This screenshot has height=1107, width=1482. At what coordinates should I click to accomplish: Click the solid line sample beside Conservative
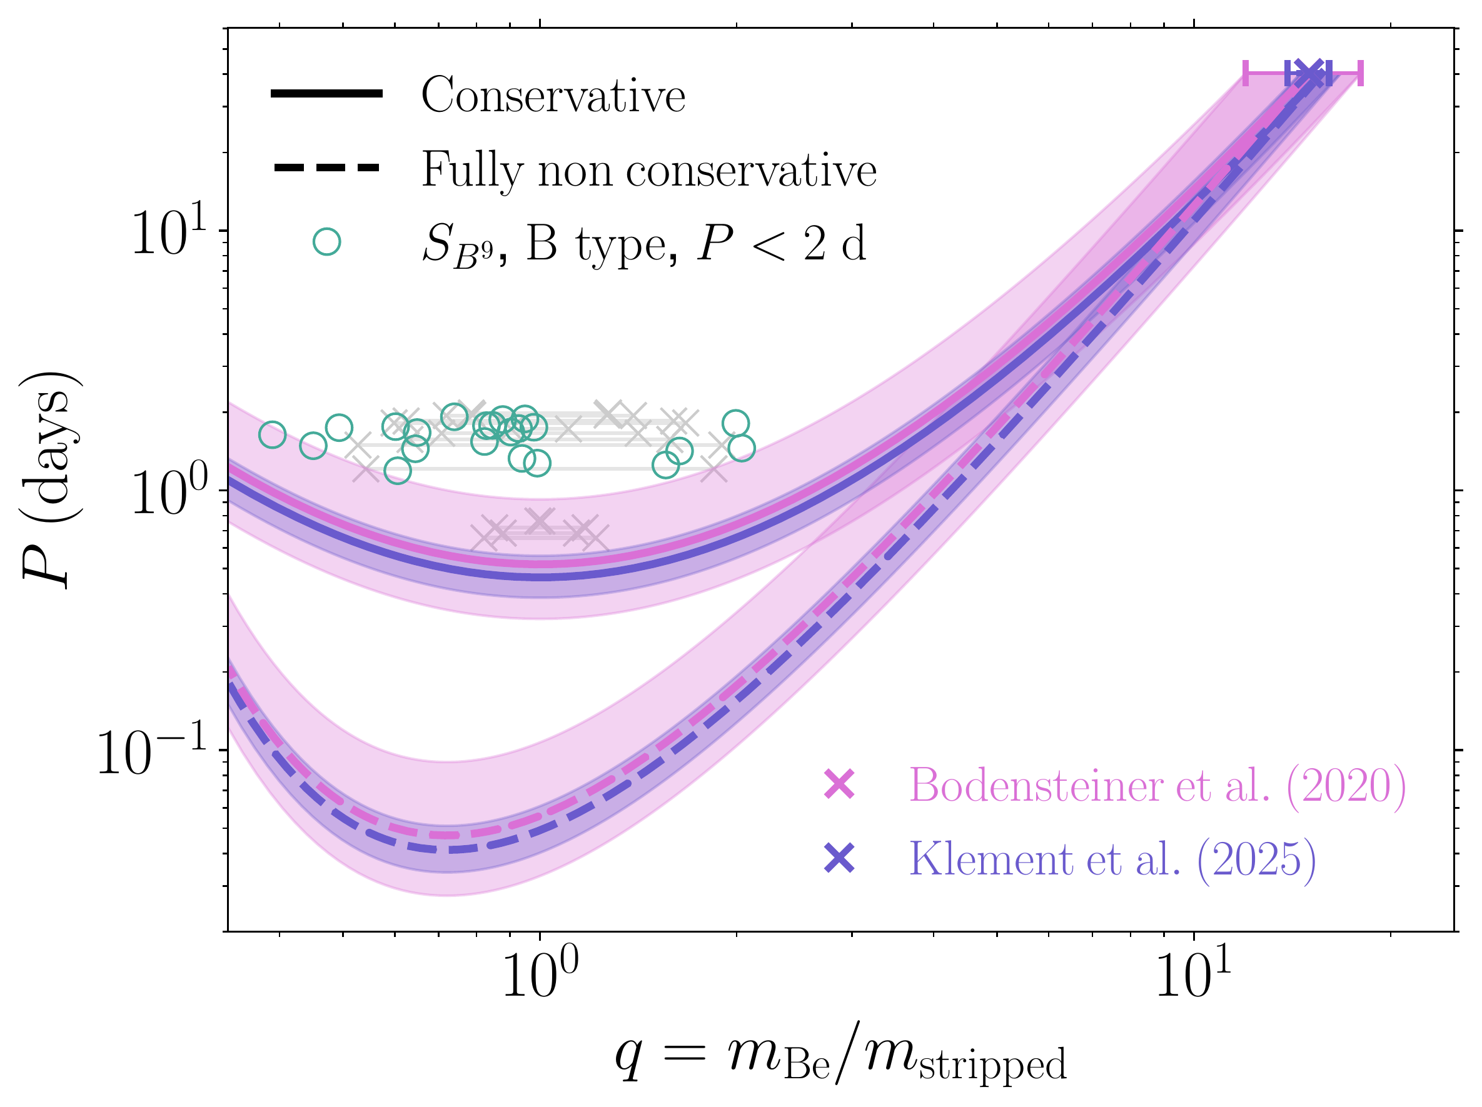coord(326,94)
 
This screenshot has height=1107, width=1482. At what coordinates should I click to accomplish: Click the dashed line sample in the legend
coord(326,168)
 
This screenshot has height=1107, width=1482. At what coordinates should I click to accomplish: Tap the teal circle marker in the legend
coord(327,242)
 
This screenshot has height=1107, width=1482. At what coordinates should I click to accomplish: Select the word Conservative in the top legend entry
coord(553,95)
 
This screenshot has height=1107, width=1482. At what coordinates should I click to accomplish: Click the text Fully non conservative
coord(648,169)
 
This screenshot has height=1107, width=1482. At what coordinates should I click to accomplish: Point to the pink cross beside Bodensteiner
coord(839,784)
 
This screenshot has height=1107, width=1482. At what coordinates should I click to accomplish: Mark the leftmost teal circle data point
coord(272,435)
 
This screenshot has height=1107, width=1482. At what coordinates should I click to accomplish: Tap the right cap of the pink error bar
coord(1361,73)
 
